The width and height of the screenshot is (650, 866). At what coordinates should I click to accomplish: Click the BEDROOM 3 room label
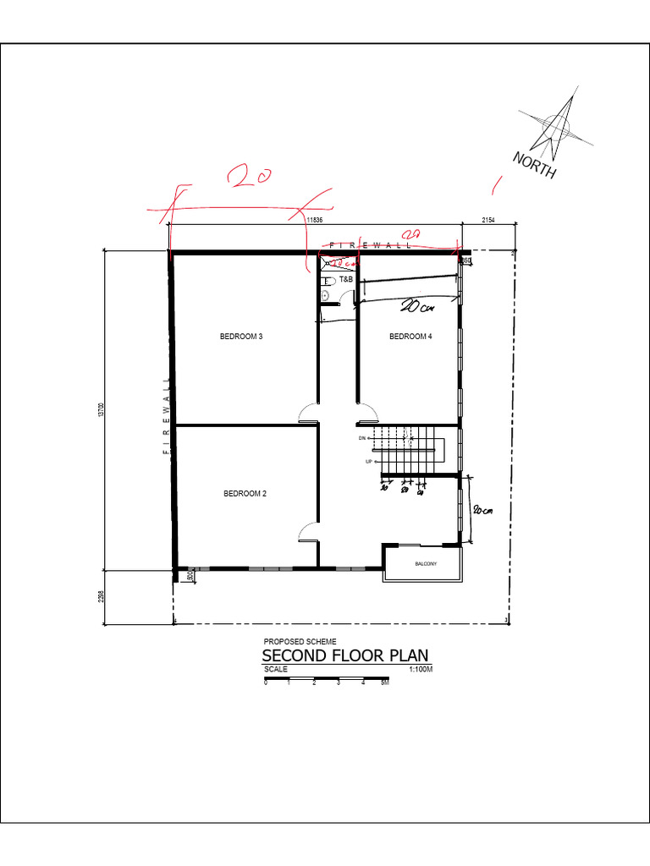click(241, 337)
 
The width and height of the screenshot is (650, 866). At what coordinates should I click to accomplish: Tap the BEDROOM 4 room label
click(410, 337)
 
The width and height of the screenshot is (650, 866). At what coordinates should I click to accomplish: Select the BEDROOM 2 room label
click(245, 494)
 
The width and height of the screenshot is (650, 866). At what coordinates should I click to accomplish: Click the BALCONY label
click(425, 564)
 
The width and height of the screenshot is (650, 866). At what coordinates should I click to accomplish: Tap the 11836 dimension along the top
click(314, 220)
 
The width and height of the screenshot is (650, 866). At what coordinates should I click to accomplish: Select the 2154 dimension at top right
click(488, 220)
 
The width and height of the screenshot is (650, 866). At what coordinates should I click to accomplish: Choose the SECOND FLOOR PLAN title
click(345, 656)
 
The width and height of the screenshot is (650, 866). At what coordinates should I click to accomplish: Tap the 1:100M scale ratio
click(420, 669)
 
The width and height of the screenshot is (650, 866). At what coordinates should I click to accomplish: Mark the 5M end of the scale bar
click(385, 682)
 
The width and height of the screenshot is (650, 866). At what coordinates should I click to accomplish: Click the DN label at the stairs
click(361, 438)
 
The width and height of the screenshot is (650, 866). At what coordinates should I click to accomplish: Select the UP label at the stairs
click(368, 462)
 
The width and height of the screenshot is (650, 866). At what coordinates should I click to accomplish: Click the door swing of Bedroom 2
click(309, 533)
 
